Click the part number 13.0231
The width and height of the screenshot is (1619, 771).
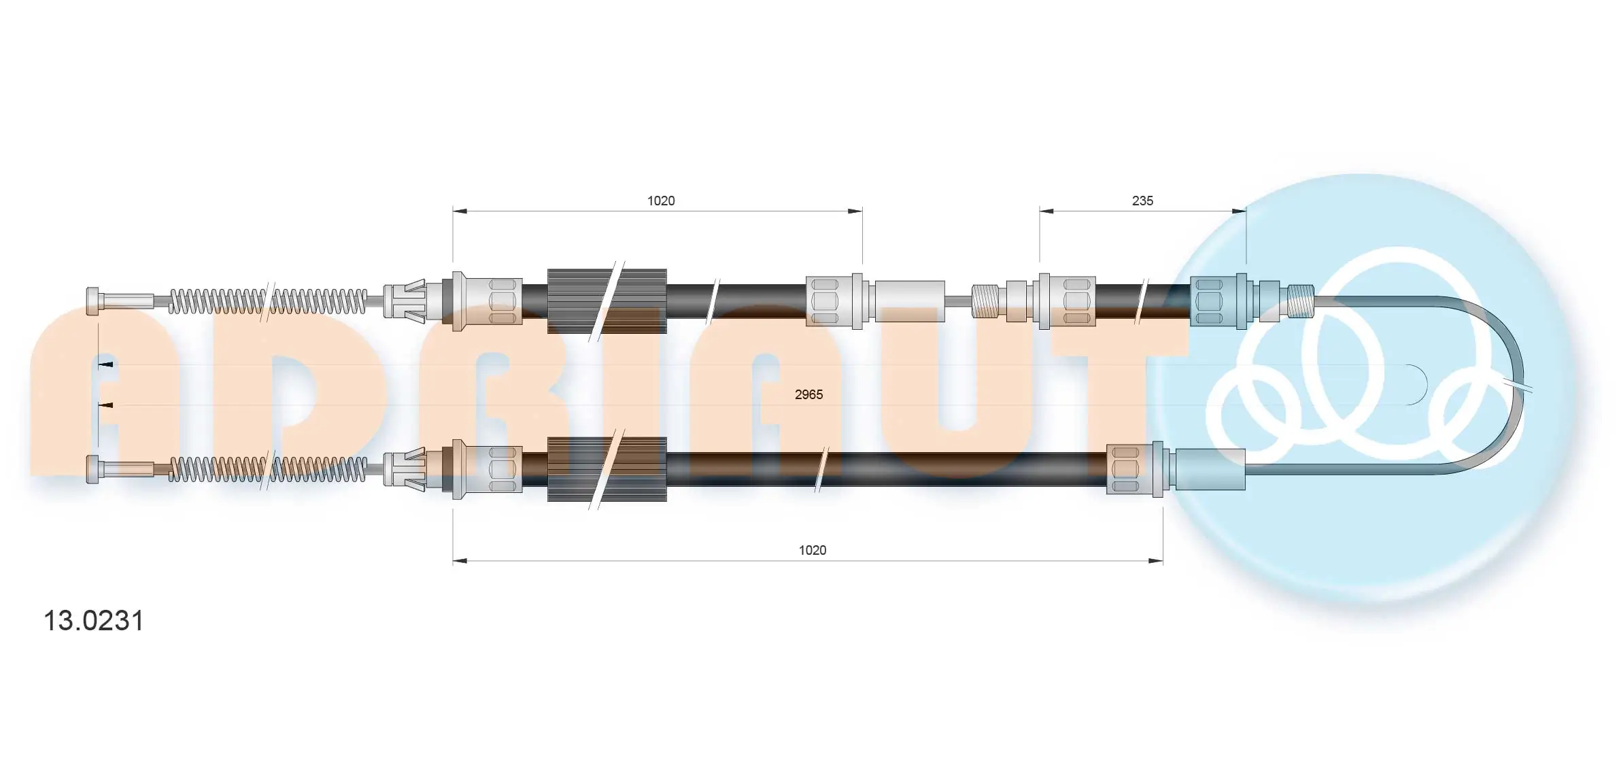94,621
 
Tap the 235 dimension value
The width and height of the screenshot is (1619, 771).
1142,201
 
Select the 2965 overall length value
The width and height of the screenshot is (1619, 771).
808,394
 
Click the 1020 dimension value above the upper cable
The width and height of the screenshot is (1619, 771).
660,201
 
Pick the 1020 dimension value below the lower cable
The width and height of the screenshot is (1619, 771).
812,550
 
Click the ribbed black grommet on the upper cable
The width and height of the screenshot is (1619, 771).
607,301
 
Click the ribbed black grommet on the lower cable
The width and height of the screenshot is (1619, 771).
607,469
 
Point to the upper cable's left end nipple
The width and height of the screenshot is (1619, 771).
94,301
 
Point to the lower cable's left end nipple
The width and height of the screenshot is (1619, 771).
94,469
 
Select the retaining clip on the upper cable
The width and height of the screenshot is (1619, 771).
405,301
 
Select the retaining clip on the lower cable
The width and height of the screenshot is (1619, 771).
405,469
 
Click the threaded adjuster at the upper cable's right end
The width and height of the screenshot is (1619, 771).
1301,301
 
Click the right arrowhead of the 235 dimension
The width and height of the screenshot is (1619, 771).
1239,211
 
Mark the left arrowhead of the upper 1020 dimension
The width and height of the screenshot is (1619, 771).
460,211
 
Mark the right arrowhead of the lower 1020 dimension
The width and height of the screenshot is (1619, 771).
1155,561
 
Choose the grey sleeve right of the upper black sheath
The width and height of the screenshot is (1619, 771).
909,301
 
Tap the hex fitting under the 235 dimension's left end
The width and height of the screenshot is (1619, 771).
1068,301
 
